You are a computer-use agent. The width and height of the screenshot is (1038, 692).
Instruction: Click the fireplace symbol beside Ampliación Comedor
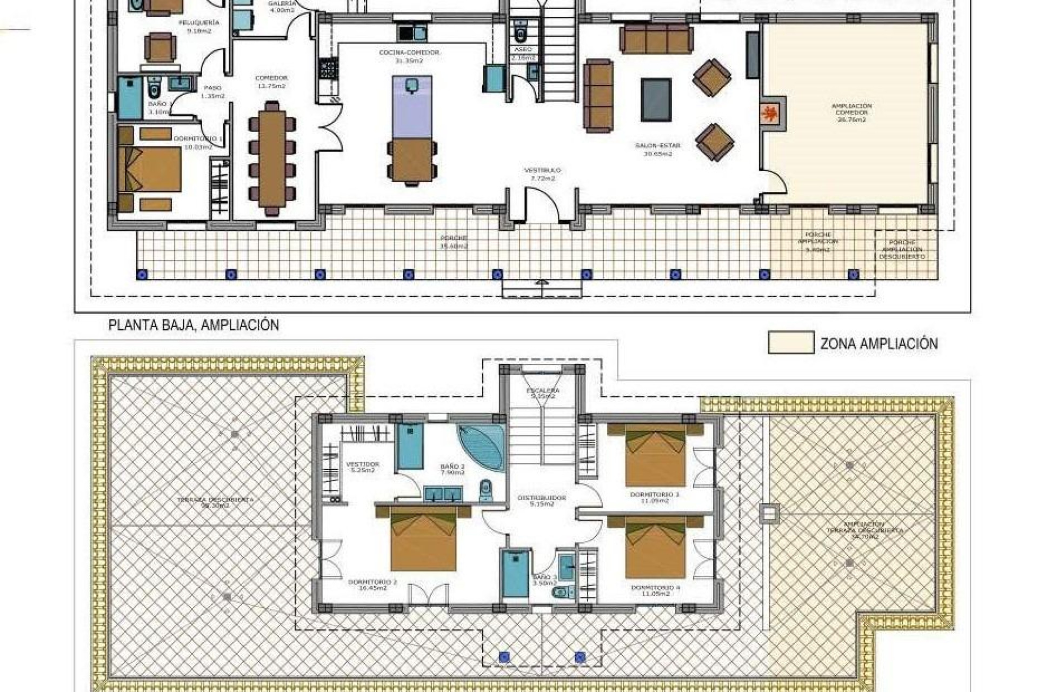click(x=771, y=114)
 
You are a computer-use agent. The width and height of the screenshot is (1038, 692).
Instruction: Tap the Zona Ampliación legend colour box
click(x=790, y=343)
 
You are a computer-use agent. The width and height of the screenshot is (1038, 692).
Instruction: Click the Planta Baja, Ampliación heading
click(x=194, y=325)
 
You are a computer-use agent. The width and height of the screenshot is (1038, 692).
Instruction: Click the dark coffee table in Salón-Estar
click(x=656, y=99)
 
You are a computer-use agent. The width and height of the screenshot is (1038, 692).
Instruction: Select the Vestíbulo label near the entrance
click(x=542, y=174)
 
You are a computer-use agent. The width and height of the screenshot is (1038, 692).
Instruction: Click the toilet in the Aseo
click(x=521, y=34)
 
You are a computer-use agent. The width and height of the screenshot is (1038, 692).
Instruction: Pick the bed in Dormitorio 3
click(x=655, y=455)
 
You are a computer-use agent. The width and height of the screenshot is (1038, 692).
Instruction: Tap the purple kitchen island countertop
click(x=412, y=107)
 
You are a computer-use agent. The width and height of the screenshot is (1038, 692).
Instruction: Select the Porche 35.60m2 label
click(x=453, y=242)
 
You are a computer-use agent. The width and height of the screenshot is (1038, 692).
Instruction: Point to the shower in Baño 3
click(x=515, y=574)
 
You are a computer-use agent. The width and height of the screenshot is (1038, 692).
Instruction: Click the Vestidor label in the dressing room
click(x=362, y=467)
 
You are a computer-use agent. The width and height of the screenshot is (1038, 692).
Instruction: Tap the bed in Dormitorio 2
click(x=423, y=539)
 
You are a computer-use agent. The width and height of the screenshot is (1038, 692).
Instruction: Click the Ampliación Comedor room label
click(x=851, y=112)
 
